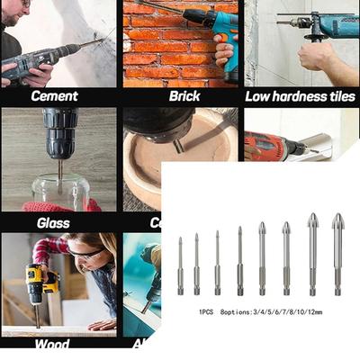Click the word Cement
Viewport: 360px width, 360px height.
point(54,95)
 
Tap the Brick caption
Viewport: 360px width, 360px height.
point(183,95)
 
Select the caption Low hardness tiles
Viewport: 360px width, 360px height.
point(301,95)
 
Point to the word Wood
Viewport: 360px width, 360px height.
point(51,344)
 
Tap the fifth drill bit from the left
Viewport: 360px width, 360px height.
point(261,256)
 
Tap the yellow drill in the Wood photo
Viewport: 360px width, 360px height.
point(36,283)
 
